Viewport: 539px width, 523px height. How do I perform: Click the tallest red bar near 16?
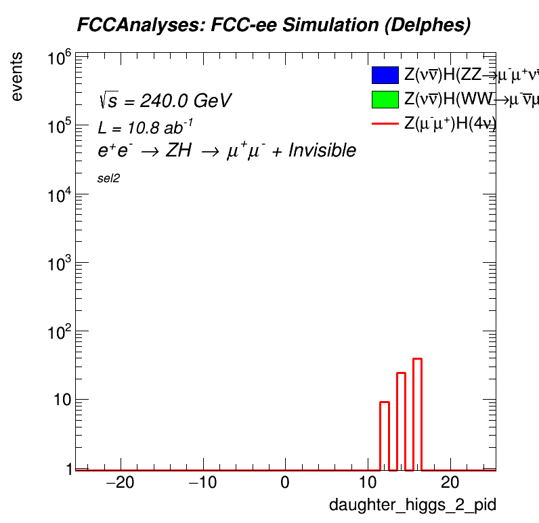coord(417,413)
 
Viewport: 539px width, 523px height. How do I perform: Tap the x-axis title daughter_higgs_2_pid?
coord(412,505)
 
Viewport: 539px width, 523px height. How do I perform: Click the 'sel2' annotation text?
coord(108,178)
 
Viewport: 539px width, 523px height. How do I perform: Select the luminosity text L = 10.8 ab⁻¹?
coord(146,127)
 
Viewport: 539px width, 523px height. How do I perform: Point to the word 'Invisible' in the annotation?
coord(322,150)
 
